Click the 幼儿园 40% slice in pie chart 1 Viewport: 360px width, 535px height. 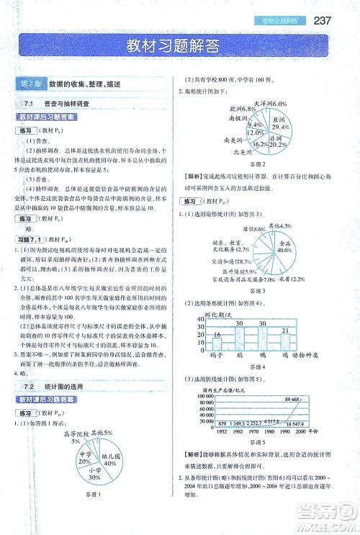coord(109,457)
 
